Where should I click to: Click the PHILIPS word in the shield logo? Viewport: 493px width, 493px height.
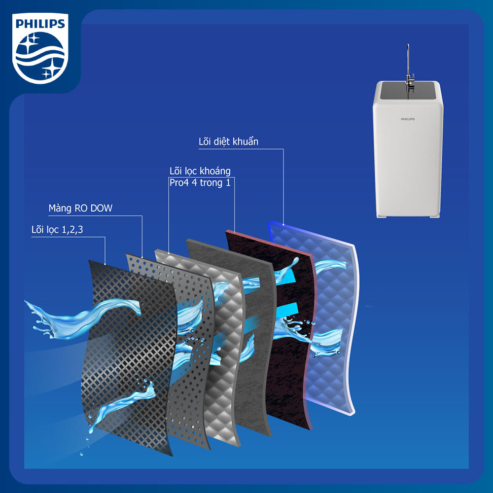40,24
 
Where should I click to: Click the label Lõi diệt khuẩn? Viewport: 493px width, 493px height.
228,141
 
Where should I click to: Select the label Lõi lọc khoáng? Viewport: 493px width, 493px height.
200,171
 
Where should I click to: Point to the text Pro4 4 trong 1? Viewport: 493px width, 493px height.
200,183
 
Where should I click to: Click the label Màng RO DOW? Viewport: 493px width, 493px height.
80,208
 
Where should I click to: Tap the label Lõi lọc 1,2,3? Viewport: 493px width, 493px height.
57,230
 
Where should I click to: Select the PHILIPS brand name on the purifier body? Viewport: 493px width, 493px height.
408,119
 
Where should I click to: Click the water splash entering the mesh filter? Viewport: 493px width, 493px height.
82,317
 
